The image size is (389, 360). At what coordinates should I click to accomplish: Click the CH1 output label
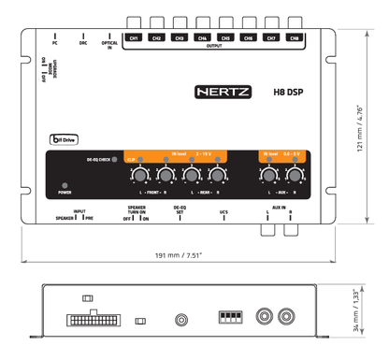pyautogui.click(x=135, y=38)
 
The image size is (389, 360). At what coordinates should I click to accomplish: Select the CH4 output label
pyautogui.click(x=203, y=38)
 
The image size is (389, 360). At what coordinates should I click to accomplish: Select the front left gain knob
pyautogui.click(x=138, y=176)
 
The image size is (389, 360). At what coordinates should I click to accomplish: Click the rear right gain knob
pyautogui.click(x=218, y=176)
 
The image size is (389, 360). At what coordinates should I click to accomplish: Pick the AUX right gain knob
pyautogui.click(x=295, y=176)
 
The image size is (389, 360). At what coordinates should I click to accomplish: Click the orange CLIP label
pyautogui.click(x=131, y=160)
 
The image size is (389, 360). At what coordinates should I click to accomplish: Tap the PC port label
pyautogui.click(x=55, y=43)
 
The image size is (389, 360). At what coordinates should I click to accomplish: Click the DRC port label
pyautogui.click(x=83, y=43)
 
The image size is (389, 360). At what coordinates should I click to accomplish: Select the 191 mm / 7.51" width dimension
pyautogui.click(x=179, y=255)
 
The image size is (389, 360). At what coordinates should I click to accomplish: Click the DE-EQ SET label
pyautogui.click(x=180, y=212)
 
